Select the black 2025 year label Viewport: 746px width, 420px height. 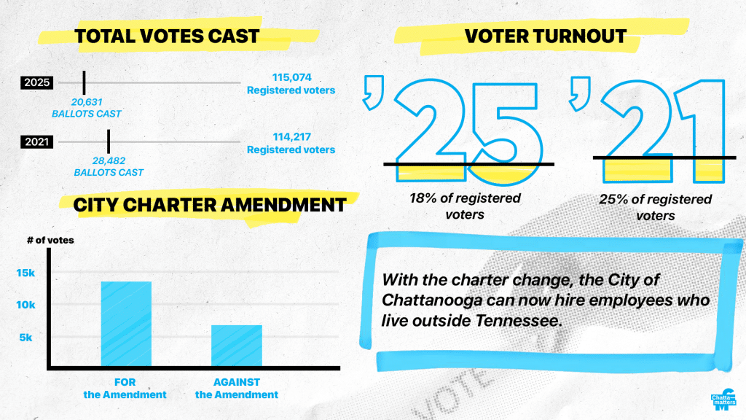pyautogui.click(x=36, y=82)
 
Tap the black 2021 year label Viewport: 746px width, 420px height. pyautogui.click(x=36, y=141)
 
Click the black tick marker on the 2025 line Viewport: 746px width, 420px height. pyautogui.click(x=84, y=82)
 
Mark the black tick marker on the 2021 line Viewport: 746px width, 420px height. pyautogui.click(x=109, y=141)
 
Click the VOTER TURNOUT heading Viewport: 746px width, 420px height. pyautogui.click(x=546, y=36)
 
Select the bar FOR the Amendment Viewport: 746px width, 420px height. pyautogui.click(x=126, y=324)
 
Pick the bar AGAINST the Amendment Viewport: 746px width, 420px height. pyautogui.click(x=236, y=346)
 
